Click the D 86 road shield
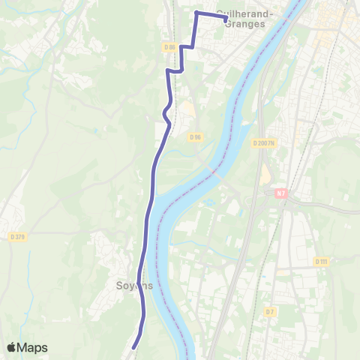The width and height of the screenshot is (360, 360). click(169, 47)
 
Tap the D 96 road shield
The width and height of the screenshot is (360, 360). click(196, 136)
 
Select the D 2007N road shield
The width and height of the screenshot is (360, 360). click(265, 143)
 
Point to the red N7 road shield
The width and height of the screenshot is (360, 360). click(280, 193)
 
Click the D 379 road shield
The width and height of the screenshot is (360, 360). click(18, 237)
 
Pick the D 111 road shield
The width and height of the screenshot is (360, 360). click(321, 261)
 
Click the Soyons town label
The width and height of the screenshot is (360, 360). click(135, 286)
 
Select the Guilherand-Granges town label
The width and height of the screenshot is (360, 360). click(245, 19)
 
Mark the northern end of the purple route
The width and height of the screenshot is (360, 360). click(225, 18)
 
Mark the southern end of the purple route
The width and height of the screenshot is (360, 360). click(133, 347)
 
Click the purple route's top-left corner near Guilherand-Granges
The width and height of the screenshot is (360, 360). click(196, 13)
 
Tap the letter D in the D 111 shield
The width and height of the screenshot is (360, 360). click(316, 261)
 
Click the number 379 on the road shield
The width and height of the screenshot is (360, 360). click(20, 237)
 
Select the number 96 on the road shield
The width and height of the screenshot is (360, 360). click(198, 136)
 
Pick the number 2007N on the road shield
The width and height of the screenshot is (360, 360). click(268, 143)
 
